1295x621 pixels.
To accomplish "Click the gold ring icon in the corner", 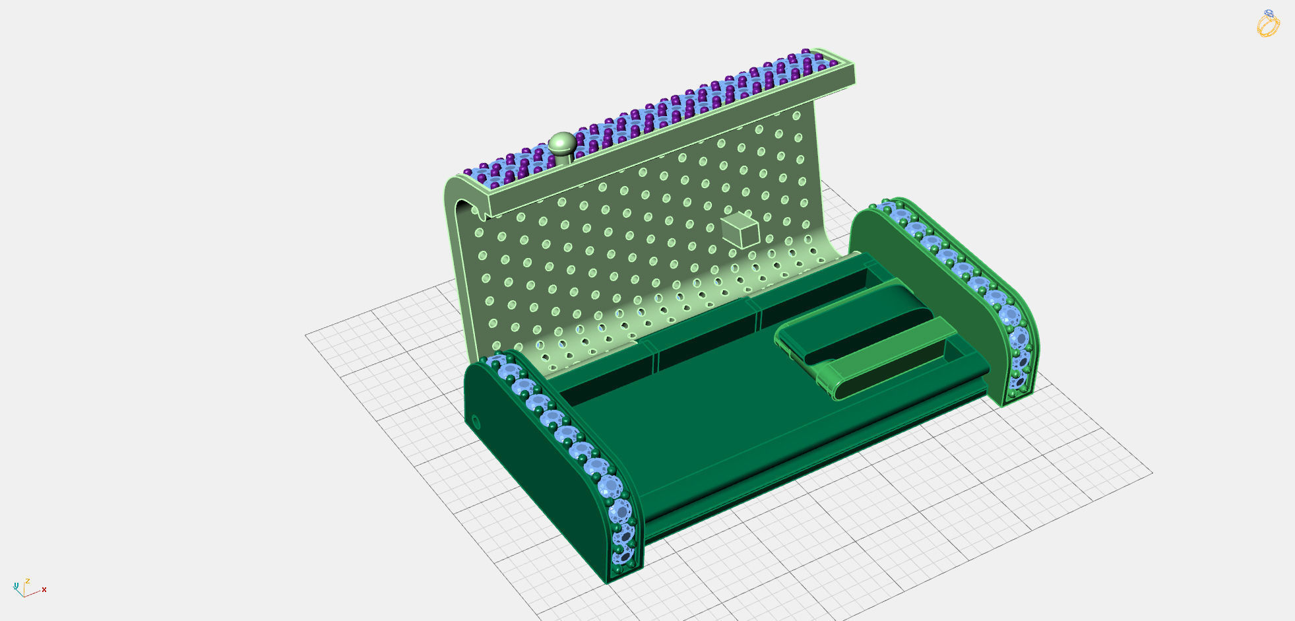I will pyautogui.click(x=1268, y=24).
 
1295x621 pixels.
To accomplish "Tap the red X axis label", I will pyautogui.click(x=44, y=589).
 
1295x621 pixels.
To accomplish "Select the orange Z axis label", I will pyautogui.click(x=28, y=581).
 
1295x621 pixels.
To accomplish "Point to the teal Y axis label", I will pyautogui.click(x=16, y=585).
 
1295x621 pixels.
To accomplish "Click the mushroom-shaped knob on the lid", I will pyautogui.click(x=562, y=143).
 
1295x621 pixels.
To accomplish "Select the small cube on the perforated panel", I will pyautogui.click(x=740, y=230).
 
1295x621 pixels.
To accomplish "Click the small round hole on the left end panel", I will pyautogui.click(x=475, y=422).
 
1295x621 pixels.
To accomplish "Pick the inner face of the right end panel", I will pyautogui.click(x=924, y=290).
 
